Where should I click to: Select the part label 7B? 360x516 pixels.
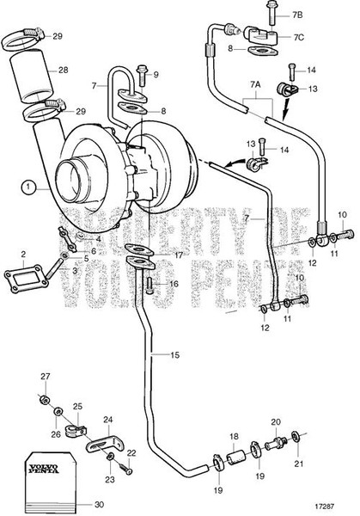pyautogui.click(x=274, y=15)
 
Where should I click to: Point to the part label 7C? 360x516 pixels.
pyautogui.click(x=274, y=37)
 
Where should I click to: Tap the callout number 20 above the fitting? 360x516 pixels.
pyautogui.click(x=276, y=422)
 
